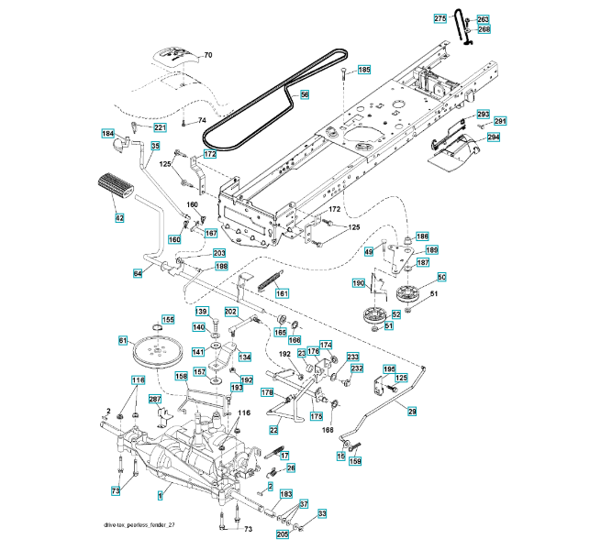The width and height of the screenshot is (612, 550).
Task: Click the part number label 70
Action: click(x=207, y=55)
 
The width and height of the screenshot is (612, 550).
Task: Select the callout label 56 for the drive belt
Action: click(x=305, y=93)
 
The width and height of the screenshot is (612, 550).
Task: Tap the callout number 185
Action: click(x=364, y=70)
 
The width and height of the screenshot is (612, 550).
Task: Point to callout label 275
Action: click(x=440, y=19)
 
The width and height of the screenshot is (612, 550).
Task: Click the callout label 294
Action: click(x=493, y=137)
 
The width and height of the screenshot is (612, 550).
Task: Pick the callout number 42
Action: click(x=119, y=217)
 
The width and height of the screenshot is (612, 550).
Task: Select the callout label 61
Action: click(x=123, y=341)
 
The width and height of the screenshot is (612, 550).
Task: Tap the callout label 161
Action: click(x=283, y=293)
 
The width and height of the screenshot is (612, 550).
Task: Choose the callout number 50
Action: click(x=441, y=277)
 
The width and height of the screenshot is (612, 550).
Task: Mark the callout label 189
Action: click(x=431, y=249)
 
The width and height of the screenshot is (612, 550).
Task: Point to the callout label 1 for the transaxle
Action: click(x=161, y=496)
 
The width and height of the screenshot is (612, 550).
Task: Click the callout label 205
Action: click(x=283, y=533)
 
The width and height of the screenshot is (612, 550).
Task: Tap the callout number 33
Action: click(x=322, y=513)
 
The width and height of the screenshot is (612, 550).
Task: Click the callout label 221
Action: click(x=159, y=127)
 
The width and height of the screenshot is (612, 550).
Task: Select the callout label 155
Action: click(x=168, y=319)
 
